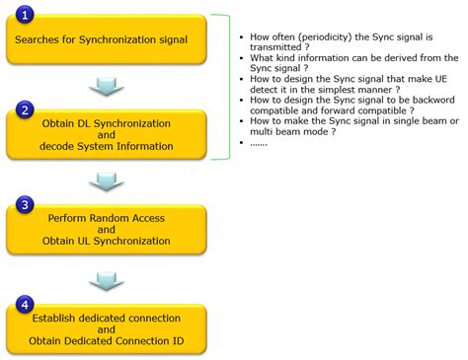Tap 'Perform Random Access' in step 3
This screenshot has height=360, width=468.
point(107,216)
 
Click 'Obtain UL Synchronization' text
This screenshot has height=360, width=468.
point(107,243)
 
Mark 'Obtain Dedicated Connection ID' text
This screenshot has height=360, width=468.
point(107,342)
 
